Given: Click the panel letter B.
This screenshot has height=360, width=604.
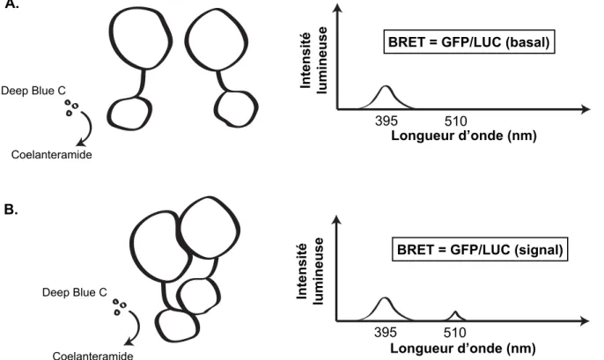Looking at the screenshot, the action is tap(11, 209).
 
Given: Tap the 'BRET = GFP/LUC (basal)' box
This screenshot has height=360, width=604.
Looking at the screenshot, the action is tap(468, 41).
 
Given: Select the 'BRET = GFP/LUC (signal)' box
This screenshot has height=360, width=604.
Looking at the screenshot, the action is tap(480, 249).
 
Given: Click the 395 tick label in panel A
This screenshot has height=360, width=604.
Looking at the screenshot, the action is tap(386, 121).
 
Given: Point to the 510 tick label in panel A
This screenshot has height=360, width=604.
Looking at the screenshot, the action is tap(455, 121).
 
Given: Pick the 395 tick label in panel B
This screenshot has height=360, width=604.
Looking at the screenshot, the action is tap(386, 333).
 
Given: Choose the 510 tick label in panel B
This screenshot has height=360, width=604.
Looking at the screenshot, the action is tap(455, 333).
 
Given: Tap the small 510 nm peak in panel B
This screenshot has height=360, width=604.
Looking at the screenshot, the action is tap(455, 314).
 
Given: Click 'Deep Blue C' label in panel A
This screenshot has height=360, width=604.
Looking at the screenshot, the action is tap(33, 91).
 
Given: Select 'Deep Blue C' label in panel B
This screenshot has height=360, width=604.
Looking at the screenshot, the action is tap(74, 292).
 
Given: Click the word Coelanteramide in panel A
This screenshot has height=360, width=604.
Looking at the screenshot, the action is tap(52, 155).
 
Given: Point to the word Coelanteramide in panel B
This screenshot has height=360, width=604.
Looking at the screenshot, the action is tap(92, 356).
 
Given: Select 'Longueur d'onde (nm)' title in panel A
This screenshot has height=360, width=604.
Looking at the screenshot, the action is tap(464, 136).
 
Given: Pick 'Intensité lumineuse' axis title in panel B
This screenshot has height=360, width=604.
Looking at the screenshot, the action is tap(310, 271).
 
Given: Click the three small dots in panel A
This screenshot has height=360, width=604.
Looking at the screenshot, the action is tap(71, 107).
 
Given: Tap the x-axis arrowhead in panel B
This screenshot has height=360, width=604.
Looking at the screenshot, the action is tap(586, 320).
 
